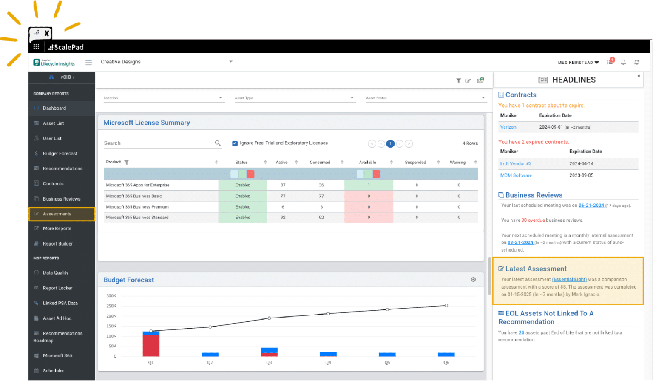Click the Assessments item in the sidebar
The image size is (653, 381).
57,214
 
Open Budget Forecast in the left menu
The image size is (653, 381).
60,154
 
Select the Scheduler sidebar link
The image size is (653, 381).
53,371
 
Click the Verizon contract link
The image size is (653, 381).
508,127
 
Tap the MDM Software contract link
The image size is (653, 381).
516,175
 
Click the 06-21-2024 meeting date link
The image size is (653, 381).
591,206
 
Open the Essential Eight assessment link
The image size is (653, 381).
569,279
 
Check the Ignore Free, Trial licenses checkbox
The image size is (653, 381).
235,143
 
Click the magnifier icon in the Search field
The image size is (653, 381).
218,143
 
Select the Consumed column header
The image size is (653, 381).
320,163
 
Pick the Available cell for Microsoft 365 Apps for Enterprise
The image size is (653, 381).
369,185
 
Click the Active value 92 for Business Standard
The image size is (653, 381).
283,218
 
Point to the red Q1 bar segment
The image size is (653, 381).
151,346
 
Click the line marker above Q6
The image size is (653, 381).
446,305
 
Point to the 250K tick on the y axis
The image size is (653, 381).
111,306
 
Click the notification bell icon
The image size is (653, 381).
623,63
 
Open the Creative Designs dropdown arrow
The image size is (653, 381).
231,62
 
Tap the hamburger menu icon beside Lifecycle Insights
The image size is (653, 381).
88,63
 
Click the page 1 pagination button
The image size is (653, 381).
390,144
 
